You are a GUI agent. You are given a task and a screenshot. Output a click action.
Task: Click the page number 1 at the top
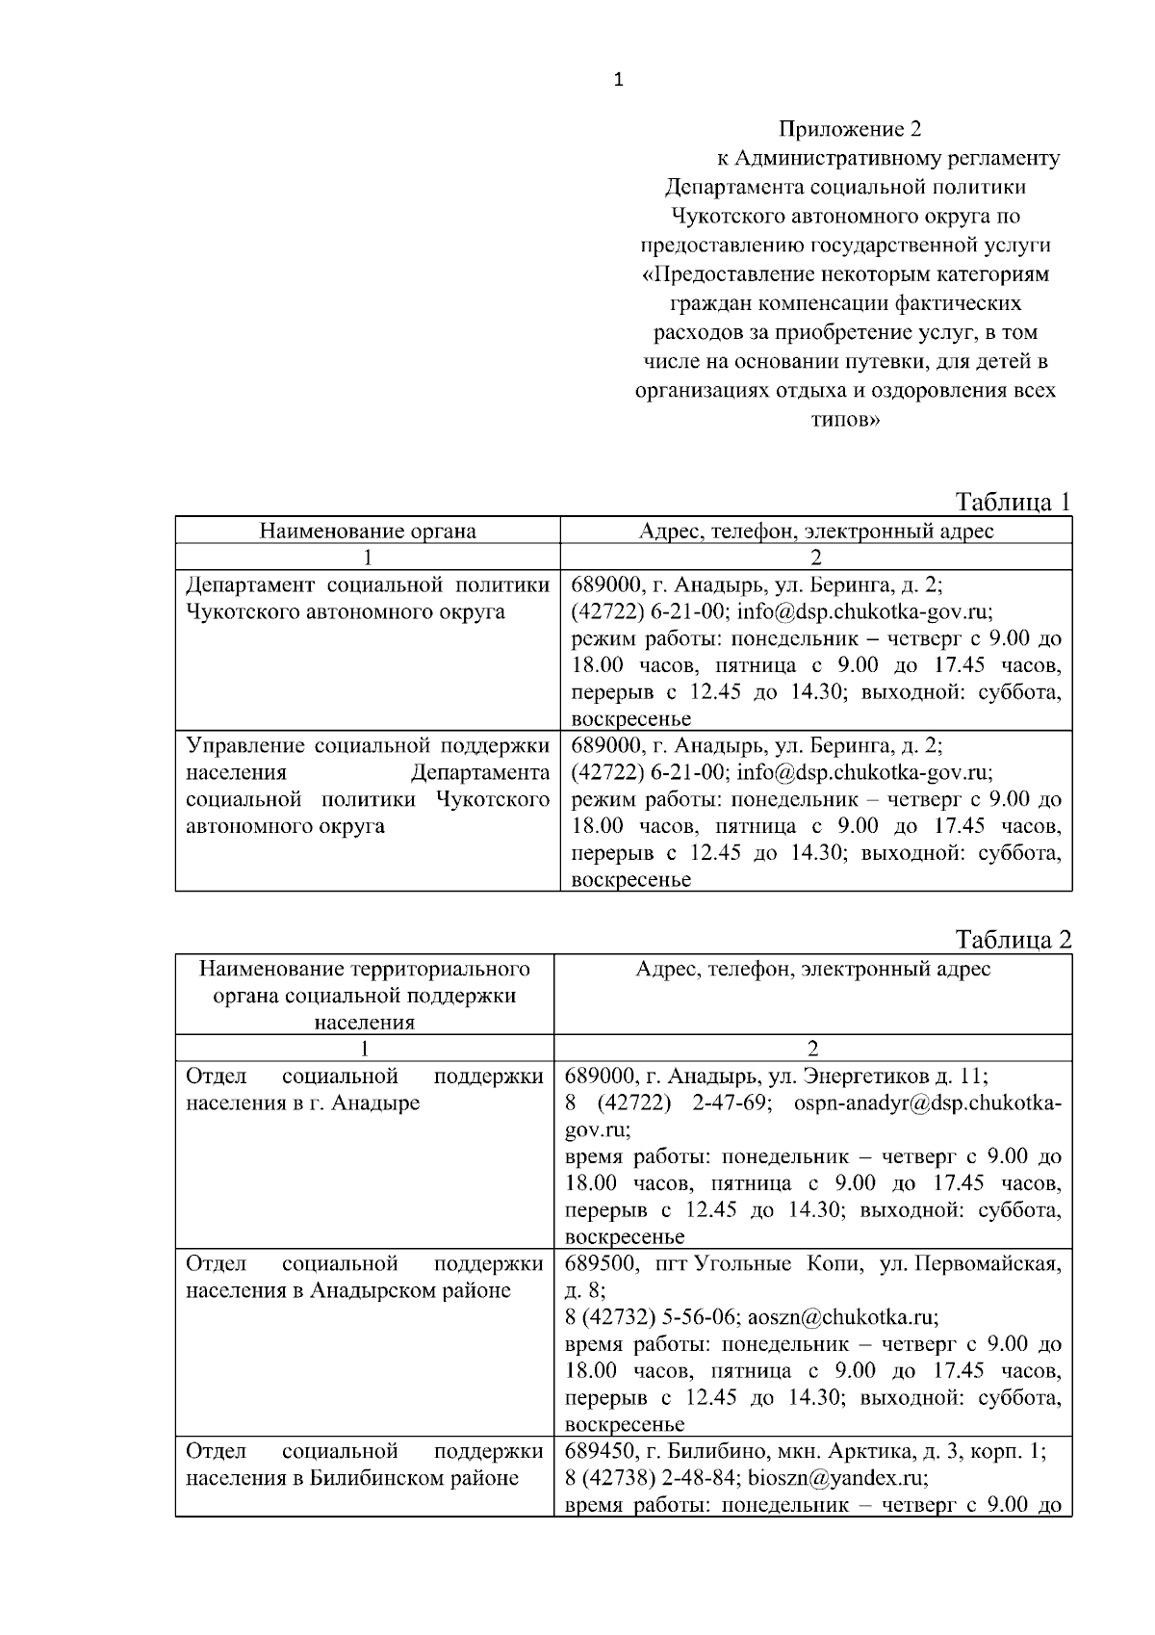click(618, 81)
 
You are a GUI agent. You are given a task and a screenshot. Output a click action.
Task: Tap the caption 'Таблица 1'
click(1013, 502)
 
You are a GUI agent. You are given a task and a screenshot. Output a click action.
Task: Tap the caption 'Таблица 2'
click(1013, 940)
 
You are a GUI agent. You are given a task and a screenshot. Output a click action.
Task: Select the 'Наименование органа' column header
click(368, 531)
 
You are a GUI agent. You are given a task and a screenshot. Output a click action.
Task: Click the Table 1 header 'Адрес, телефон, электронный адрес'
click(816, 531)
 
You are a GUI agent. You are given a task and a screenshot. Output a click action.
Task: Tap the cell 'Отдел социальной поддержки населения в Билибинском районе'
click(365, 1465)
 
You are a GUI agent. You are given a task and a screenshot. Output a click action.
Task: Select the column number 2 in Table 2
click(813, 1049)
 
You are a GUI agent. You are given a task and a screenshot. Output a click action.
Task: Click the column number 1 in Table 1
click(368, 557)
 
